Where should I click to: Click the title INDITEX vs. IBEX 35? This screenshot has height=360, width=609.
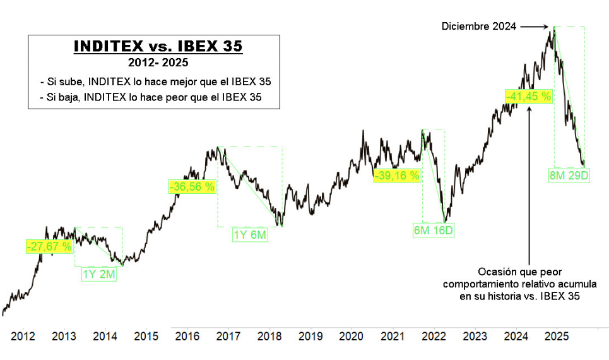pyautogui.click(x=158, y=47)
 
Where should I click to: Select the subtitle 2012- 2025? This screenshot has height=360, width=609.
pyautogui.click(x=158, y=63)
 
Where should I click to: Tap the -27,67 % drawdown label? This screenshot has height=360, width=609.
pyautogui.click(x=49, y=246)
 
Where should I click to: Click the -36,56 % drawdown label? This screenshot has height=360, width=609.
pyautogui.click(x=192, y=186)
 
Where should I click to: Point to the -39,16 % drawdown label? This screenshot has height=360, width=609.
pyautogui.click(x=396, y=176)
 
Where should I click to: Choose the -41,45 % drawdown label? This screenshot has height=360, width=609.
pyautogui.click(x=528, y=97)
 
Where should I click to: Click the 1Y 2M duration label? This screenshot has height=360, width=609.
pyautogui.click(x=100, y=274)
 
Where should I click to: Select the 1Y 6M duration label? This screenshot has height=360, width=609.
pyautogui.click(x=251, y=235)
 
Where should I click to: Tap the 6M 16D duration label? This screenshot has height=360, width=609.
pyautogui.click(x=434, y=231)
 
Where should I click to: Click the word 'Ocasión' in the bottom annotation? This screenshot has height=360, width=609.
pyautogui.click(x=496, y=271)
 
